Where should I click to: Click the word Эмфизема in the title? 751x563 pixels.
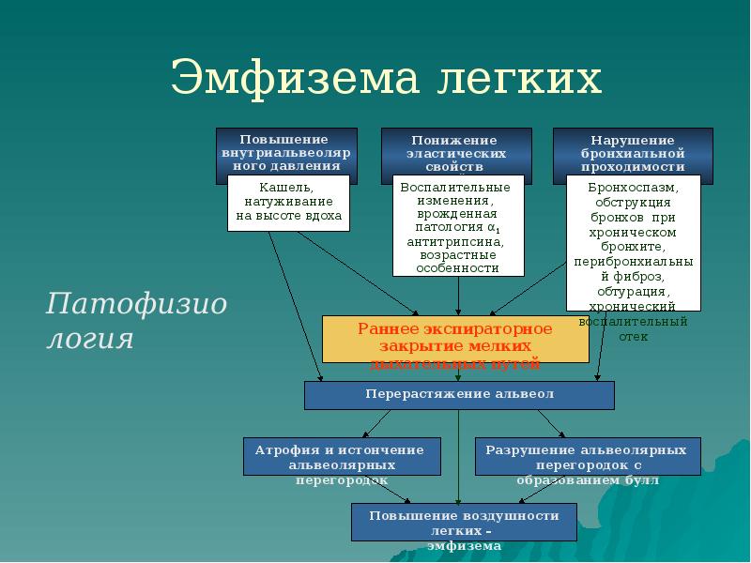point(296,79)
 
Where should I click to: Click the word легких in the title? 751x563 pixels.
point(518,79)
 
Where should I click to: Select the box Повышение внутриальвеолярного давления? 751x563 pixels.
point(286,150)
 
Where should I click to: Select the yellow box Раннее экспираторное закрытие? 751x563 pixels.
point(455,340)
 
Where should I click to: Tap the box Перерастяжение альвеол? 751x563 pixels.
point(459,395)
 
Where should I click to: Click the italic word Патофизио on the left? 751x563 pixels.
point(137,305)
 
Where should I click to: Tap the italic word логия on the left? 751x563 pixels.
point(90,338)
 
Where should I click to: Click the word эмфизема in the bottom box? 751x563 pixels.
point(464,546)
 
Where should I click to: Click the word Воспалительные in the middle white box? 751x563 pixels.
point(448,187)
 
